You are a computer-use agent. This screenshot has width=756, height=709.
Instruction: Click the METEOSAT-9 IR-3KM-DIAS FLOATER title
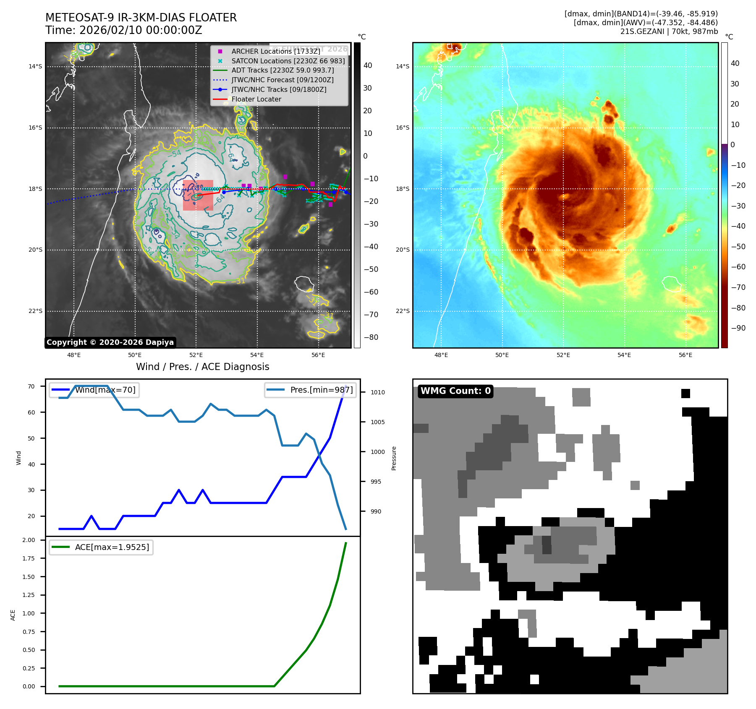coord(141,18)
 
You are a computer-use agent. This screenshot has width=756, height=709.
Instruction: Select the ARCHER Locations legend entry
coord(275,51)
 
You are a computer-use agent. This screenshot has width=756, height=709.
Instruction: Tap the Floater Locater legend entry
coord(256,99)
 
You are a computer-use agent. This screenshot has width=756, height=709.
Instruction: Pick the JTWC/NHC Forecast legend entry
coord(283,80)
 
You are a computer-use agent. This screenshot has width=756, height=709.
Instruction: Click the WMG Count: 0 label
coord(455,391)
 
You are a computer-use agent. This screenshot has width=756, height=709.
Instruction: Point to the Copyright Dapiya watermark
coord(110,342)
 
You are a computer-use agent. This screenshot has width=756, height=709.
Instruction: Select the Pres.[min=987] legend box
coord(311,390)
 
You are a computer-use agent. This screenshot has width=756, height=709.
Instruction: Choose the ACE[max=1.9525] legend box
coord(101,547)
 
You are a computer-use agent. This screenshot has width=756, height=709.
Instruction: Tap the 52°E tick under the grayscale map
coord(196,355)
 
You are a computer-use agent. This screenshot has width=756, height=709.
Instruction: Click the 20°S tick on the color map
coord(403,250)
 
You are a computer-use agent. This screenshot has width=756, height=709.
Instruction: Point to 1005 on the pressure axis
coord(377,422)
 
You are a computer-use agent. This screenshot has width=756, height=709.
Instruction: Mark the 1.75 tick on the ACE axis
coord(29,558)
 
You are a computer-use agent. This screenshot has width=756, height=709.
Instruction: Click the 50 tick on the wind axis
coord(31,438)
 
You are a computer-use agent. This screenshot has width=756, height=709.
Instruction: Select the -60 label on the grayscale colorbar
coord(371,292)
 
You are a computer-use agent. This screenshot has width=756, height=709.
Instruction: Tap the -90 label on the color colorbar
coord(738,328)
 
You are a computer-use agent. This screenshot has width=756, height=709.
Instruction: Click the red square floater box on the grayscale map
coord(198,195)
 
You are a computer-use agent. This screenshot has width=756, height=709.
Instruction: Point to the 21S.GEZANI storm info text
coord(669,31)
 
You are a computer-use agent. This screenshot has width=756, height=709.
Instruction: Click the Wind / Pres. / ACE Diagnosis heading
coord(203,367)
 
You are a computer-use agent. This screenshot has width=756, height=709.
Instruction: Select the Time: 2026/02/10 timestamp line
coord(124,31)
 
